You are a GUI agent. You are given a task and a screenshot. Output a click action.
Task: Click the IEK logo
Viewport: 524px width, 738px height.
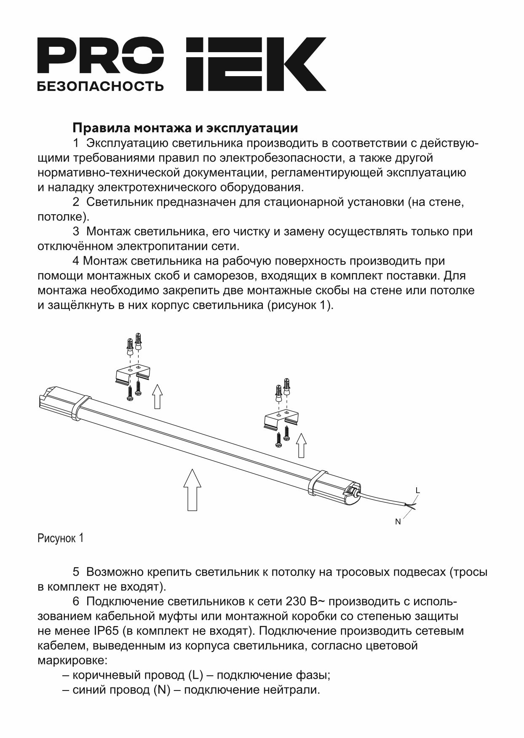[x=256, y=64]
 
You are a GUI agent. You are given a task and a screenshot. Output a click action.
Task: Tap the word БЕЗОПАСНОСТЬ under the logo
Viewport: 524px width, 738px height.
[x=100, y=86]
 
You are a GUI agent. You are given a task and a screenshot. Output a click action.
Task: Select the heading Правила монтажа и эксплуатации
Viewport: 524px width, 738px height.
[x=185, y=127]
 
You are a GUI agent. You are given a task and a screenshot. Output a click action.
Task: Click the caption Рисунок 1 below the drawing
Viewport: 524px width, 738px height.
[x=61, y=538]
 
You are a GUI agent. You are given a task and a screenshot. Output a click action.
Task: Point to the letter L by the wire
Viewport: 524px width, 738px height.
[x=417, y=490]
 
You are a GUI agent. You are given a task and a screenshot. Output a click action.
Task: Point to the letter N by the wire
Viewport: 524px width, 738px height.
[x=398, y=522]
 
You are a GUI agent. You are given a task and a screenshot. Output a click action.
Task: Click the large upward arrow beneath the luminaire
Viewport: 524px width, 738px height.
[x=192, y=490]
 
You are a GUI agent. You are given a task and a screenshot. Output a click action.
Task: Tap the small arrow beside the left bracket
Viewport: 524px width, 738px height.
[x=157, y=396]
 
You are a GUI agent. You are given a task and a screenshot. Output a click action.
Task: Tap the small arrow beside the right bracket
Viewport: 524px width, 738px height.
[x=301, y=445]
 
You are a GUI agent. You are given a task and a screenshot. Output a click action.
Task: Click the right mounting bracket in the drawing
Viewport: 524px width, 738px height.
[x=281, y=421]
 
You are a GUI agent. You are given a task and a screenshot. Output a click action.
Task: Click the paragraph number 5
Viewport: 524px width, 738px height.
[x=76, y=572]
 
